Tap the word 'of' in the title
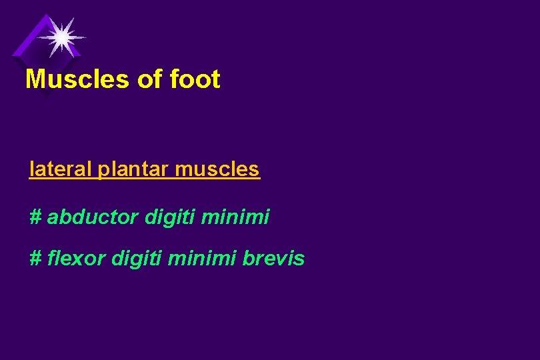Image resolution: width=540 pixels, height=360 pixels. (x=149, y=79)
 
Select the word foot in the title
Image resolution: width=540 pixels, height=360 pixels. (x=195, y=79)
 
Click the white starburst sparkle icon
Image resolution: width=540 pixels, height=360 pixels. (x=61, y=37)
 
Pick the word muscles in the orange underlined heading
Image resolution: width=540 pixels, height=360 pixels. (x=217, y=169)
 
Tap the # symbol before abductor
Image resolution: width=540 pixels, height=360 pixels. (x=36, y=217)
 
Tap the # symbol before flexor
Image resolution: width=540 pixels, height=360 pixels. (x=36, y=258)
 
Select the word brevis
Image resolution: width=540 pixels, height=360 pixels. (x=274, y=258)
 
